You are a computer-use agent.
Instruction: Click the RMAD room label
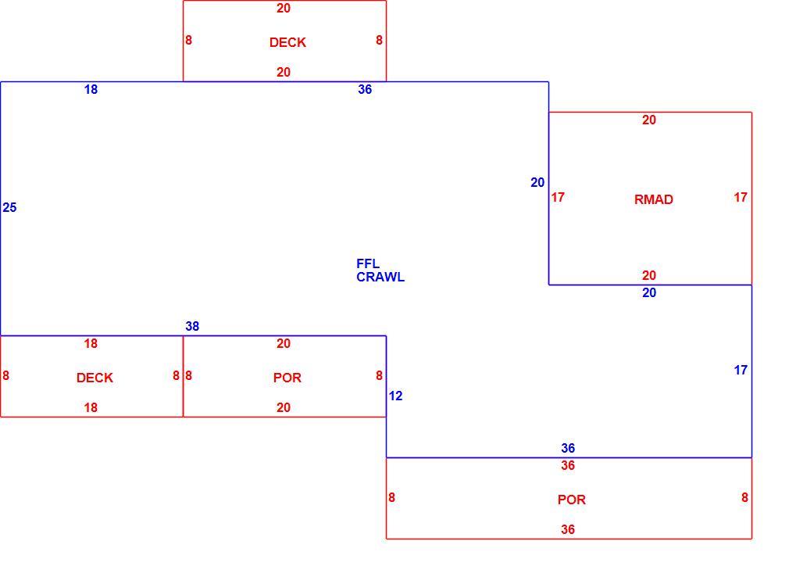pyautogui.click(x=653, y=199)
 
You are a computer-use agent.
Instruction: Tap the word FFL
pyautogui.click(x=368, y=263)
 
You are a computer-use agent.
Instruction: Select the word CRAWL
pyautogui.click(x=380, y=277)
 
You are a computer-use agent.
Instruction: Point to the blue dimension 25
pyautogui.click(x=9, y=207)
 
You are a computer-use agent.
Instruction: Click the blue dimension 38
pyautogui.click(x=192, y=326)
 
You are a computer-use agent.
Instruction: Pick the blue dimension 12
pyautogui.click(x=395, y=396)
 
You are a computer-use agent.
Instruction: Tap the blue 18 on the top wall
pyautogui.click(x=91, y=90)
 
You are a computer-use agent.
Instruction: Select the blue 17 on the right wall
pyautogui.click(x=741, y=370)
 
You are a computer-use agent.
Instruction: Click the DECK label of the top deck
pyautogui.click(x=287, y=42)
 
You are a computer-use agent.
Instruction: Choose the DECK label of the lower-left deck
pyautogui.click(x=95, y=378)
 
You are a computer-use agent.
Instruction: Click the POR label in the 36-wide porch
pyautogui.click(x=571, y=500)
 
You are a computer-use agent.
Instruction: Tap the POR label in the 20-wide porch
pyautogui.click(x=287, y=378)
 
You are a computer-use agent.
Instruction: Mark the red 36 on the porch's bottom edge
pyautogui.click(x=568, y=529)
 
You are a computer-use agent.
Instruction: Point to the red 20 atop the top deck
pyautogui.click(x=284, y=8)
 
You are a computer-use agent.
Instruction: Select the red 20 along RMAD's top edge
pyautogui.click(x=648, y=120)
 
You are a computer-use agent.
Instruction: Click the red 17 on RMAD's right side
pyautogui.click(x=741, y=197)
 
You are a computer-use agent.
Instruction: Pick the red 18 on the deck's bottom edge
pyautogui.click(x=91, y=407)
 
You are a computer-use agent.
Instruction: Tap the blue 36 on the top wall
pyautogui.click(x=365, y=90)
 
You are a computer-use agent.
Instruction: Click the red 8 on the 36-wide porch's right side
pyautogui.click(x=744, y=497)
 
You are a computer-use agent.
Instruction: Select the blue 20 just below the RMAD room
pyautogui.click(x=648, y=292)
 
